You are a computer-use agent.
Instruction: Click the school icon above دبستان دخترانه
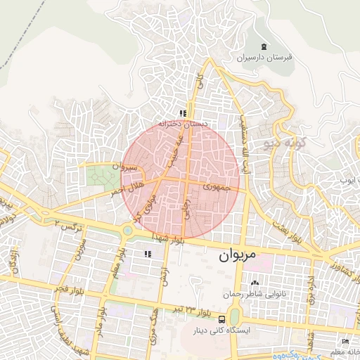click(x=182, y=112)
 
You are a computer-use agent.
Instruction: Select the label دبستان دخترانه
click(x=182, y=123)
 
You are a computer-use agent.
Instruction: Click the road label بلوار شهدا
click(x=170, y=240)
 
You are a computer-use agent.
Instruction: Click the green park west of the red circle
click(x=103, y=174)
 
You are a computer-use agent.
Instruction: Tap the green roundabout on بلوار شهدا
click(x=128, y=230)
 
